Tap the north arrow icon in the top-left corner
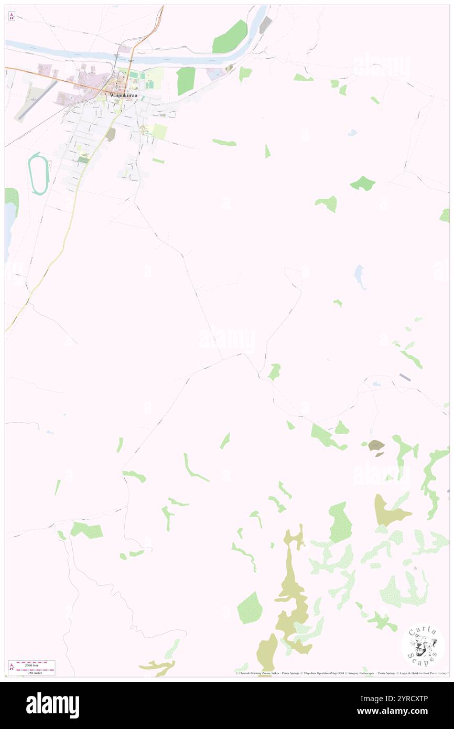click(x=12, y=16)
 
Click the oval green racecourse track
click(x=39, y=174)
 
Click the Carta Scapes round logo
click(x=423, y=645)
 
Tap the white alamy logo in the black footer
click(x=52, y=705)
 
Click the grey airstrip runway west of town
click(x=36, y=100)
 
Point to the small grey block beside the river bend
click(x=266, y=25)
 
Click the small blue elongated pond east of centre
click(x=360, y=276)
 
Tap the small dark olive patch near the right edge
click(x=376, y=446)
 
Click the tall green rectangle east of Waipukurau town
click(x=186, y=81)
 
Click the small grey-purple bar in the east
click(x=405, y=377)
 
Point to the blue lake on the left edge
click(x=9, y=231)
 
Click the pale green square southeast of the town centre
click(x=159, y=132)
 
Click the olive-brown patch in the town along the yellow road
click(x=110, y=135)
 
